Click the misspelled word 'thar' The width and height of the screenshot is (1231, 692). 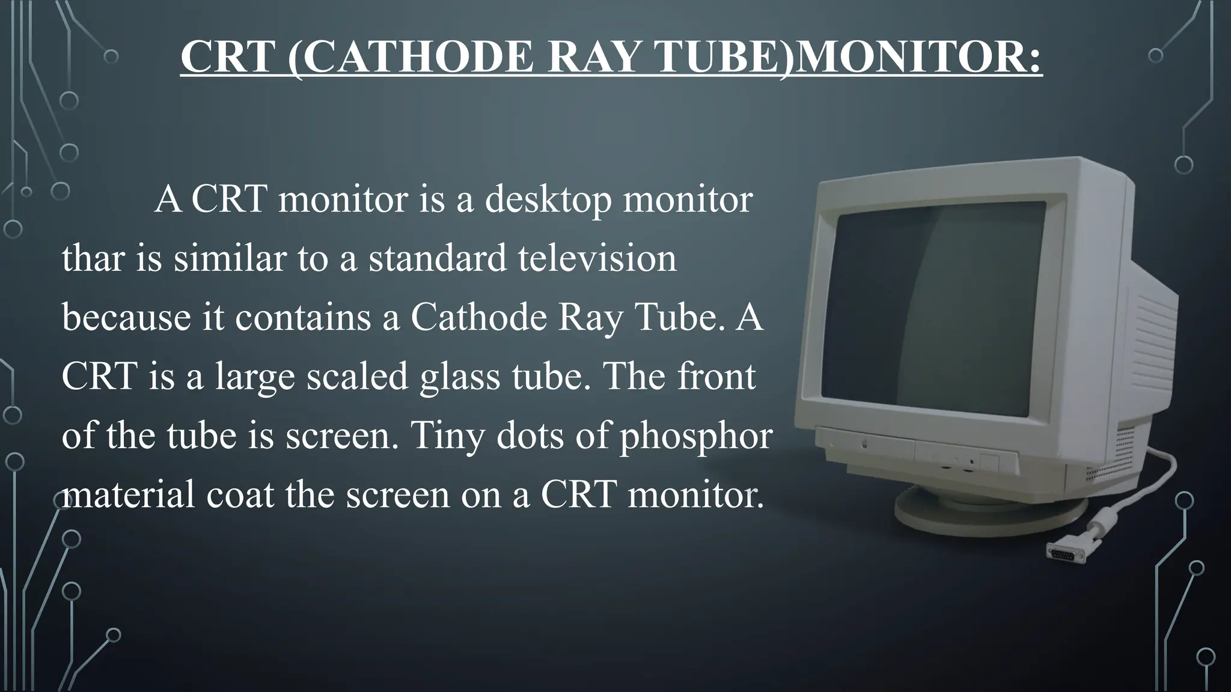pos(92,258)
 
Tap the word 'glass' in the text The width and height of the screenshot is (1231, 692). pos(460,376)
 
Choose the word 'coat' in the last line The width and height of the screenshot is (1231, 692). pos(240,494)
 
